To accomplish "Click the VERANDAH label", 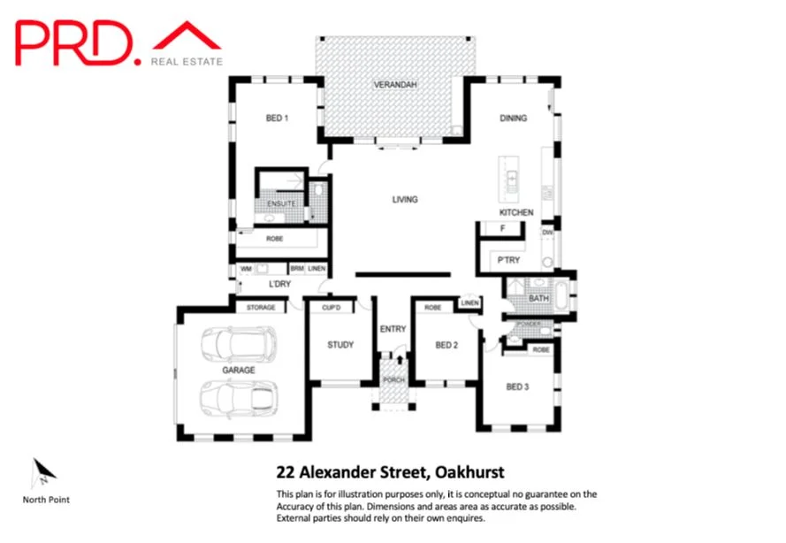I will tap(393, 85).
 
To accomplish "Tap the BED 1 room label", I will tap(277, 118).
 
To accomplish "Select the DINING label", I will tap(513, 118).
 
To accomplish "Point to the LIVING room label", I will tap(405, 200).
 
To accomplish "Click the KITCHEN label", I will tap(516, 213).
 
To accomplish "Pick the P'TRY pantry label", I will tap(507, 261).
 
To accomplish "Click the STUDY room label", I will tap(340, 345).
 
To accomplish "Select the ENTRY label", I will tap(393, 329).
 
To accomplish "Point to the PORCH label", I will tap(393, 380).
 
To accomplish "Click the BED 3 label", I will tap(518, 386).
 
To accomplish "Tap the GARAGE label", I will tap(239, 371).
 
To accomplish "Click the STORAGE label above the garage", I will tap(261, 308).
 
